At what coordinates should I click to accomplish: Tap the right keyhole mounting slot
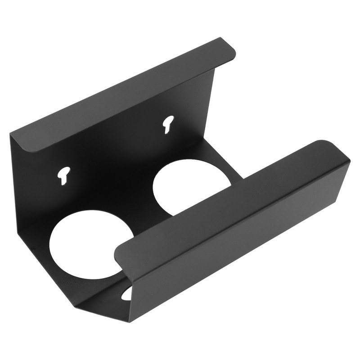168,123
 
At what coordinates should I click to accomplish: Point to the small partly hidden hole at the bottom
127,293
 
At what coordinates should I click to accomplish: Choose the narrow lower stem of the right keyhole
167,129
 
